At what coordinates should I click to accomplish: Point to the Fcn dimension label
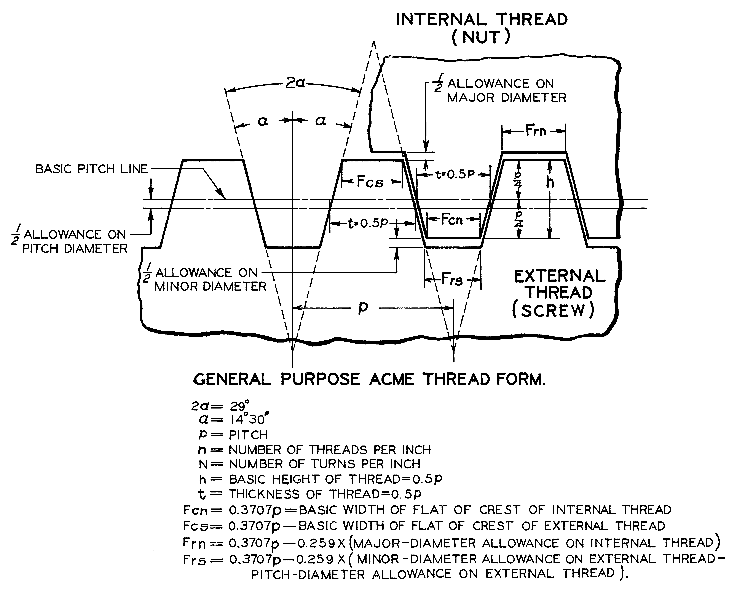(x=452, y=220)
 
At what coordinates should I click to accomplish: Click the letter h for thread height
(x=550, y=182)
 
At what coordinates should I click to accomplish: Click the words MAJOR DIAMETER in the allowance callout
(x=506, y=98)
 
